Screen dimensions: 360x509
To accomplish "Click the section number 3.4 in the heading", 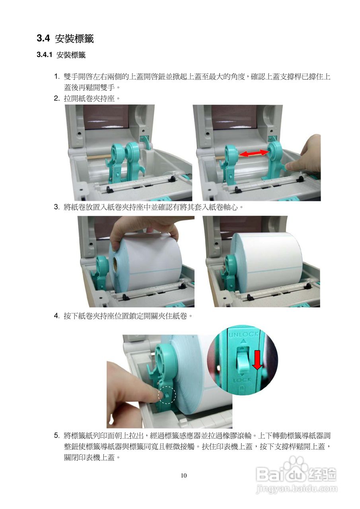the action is (x=43, y=38).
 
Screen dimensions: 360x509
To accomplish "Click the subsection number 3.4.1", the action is (x=45, y=55).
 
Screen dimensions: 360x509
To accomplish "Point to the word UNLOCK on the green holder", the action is (x=243, y=334).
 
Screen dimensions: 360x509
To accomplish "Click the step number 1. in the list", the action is (x=57, y=76).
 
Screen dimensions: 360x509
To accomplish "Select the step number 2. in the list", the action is (x=57, y=98).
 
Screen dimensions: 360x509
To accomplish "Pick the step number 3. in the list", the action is (x=57, y=207).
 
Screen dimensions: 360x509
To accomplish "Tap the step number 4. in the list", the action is (x=57, y=316).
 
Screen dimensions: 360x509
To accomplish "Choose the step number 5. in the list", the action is (x=57, y=435).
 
